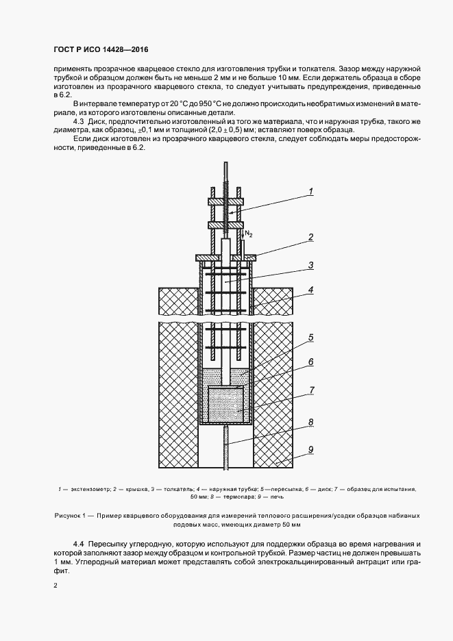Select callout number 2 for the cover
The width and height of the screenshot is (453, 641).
[x=310, y=237]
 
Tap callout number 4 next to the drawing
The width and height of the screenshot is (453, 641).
[x=310, y=290]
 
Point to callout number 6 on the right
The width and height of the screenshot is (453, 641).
[x=310, y=362]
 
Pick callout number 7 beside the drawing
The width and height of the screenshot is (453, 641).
[x=310, y=390]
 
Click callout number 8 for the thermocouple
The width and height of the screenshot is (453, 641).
[x=310, y=422]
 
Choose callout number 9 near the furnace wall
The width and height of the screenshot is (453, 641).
[x=310, y=450]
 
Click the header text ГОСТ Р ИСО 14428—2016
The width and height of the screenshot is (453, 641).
[x=101, y=50]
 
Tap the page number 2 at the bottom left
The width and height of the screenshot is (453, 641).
[x=56, y=586]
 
